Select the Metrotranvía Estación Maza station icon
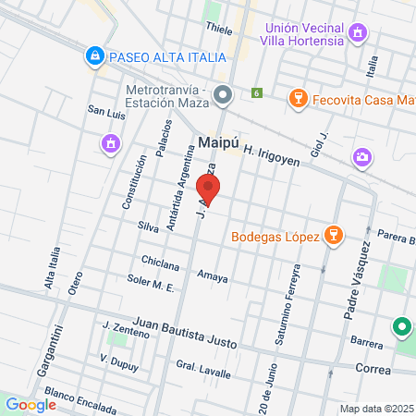[x=222, y=94]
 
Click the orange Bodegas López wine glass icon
[x=333, y=238]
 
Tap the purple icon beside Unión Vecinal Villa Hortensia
[x=358, y=35]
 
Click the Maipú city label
[x=220, y=143]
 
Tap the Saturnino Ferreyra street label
[x=286, y=305]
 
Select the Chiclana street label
[x=159, y=260]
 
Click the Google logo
[x=31, y=404]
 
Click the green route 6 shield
[x=257, y=93]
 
